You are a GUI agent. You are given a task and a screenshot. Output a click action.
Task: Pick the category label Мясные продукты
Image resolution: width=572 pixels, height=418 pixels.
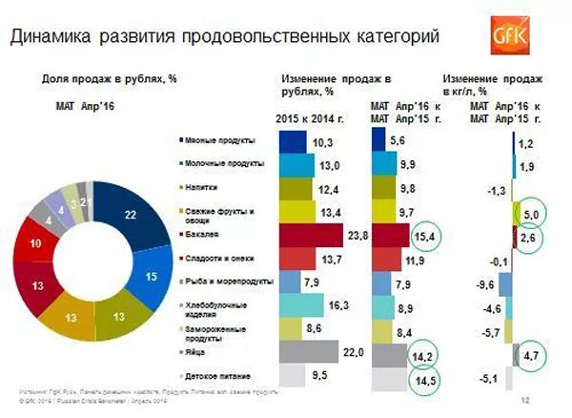point(217,141)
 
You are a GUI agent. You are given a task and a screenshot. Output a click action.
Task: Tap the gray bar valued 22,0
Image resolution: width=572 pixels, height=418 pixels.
point(309,352)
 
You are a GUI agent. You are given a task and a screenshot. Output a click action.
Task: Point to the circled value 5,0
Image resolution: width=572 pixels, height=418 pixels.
point(532,213)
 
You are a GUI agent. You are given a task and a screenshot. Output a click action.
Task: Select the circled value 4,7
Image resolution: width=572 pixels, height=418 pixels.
point(532,355)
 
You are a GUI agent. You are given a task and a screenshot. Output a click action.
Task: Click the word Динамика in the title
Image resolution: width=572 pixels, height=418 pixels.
point(56,37)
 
